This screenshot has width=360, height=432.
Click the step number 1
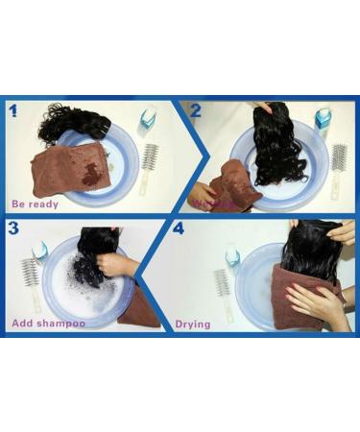pos(14,110)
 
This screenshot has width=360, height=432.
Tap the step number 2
pos(195,110)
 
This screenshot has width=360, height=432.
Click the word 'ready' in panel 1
pos(44,204)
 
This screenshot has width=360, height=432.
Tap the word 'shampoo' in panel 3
pos(60,324)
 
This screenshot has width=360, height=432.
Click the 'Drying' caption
pos(193,324)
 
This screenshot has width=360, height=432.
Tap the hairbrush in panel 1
pos(149,169)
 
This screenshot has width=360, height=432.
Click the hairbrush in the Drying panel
pos(224,284)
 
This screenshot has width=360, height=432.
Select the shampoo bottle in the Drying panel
pos(232,257)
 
